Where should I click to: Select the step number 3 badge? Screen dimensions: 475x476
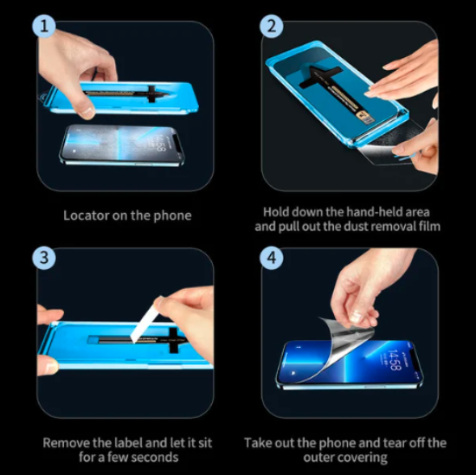click(x=45, y=258)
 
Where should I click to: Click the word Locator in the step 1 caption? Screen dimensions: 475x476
click(x=87, y=215)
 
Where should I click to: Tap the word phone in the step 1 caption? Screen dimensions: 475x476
click(x=173, y=215)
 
